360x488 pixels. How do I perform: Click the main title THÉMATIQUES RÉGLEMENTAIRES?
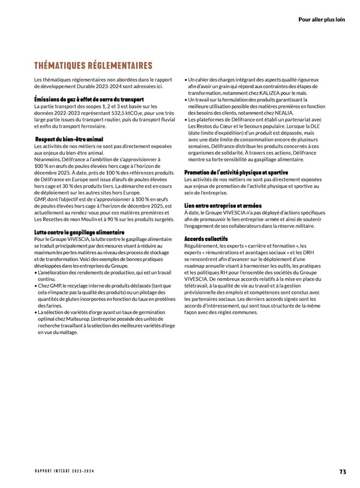94,65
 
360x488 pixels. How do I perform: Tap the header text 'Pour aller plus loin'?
321,19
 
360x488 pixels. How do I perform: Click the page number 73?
342,471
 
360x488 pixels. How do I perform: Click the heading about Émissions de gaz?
89,99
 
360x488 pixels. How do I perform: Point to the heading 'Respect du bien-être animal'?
70,139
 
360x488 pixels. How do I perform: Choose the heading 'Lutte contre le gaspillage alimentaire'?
80,232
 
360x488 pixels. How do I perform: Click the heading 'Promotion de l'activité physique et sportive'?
236,173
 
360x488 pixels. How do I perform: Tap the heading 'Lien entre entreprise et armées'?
223,206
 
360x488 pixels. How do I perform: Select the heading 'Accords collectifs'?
206,239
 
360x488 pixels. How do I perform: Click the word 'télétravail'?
199,285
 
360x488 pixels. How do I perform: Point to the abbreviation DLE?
316,126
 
